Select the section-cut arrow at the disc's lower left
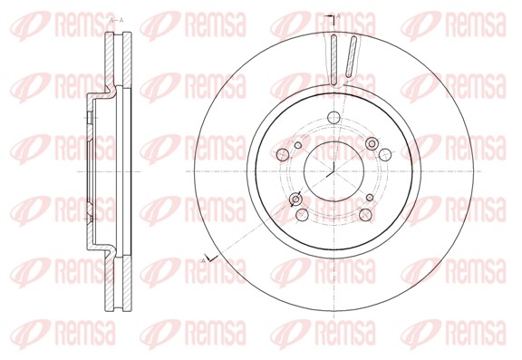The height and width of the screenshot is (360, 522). tap(212, 258)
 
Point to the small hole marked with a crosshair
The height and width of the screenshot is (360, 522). tap(295, 199)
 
